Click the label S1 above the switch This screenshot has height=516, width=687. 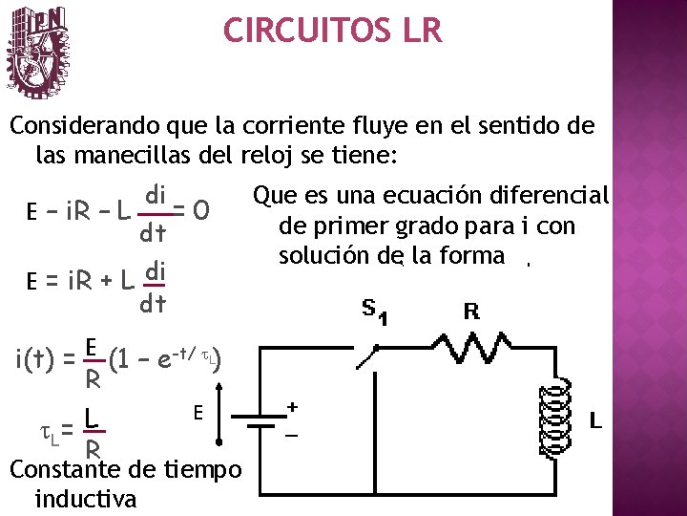click(x=373, y=312)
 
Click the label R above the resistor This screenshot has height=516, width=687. click(x=470, y=312)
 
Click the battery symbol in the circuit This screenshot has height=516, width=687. click(x=254, y=419)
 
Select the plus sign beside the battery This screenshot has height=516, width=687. click(x=292, y=407)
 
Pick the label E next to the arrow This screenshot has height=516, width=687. click(x=198, y=413)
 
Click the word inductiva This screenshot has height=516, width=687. click(x=85, y=499)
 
